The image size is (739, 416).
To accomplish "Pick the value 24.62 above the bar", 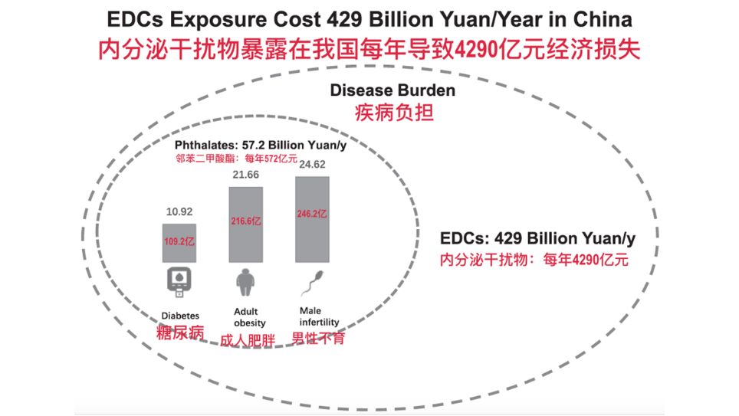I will pos(312,164).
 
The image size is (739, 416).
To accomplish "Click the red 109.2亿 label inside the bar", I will pos(179,241).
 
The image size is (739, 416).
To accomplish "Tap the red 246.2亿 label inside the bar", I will pos(312,215).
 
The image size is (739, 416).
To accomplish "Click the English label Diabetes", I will pos(180,316).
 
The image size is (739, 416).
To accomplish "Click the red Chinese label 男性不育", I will pos(318,338).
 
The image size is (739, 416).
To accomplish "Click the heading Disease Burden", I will pos(392,90).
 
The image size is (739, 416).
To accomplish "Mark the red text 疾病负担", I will pos(393,113).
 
